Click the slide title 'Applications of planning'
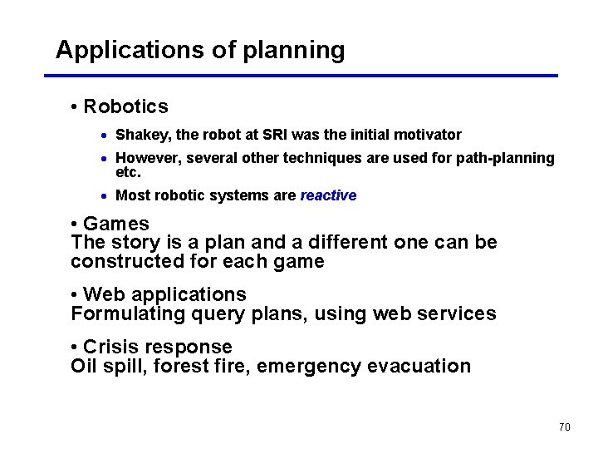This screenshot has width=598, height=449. click(199, 50)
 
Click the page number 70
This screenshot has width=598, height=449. click(564, 427)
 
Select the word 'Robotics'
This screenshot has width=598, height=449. click(125, 106)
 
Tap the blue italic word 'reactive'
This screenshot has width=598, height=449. click(328, 195)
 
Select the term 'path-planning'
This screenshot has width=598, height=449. click(505, 158)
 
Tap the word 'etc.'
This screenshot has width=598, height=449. click(128, 173)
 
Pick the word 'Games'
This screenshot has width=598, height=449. click(116, 224)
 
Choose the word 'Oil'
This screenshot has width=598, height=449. click(85, 367)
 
